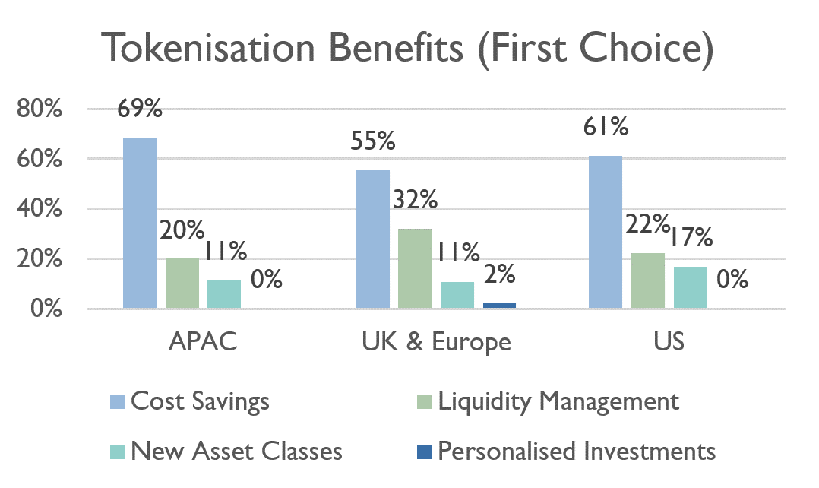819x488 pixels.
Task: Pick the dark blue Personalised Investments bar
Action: [x=499, y=306]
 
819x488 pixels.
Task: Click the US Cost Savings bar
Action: [x=606, y=232]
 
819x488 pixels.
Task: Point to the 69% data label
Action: [x=139, y=109]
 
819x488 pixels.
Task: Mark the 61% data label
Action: [x=606, y=127]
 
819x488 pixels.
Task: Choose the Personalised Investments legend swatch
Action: [x=424, y=452]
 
